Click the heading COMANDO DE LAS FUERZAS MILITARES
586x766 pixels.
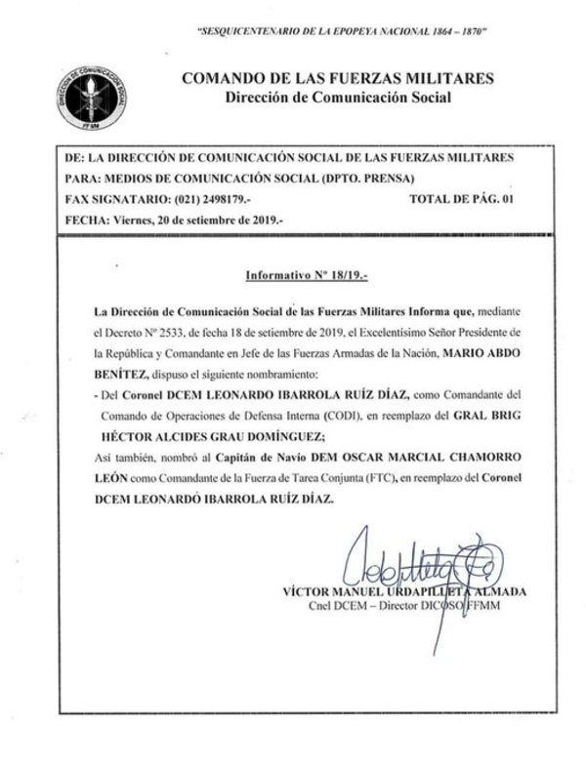[337, 79]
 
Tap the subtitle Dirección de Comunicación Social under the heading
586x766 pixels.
[337, 97]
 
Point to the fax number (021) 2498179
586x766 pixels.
[206, 198]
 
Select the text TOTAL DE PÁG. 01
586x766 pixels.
[460, 198]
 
